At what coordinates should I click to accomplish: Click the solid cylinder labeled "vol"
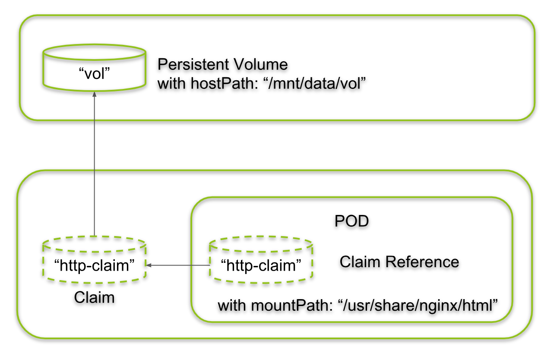[x=94, y=69]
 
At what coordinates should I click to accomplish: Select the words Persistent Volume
[x=222, y=64]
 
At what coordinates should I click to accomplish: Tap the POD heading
[x=351, y=221]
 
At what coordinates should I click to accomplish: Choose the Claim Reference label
[x=399, y=262]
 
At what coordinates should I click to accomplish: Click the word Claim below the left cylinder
[x=94, y=297]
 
